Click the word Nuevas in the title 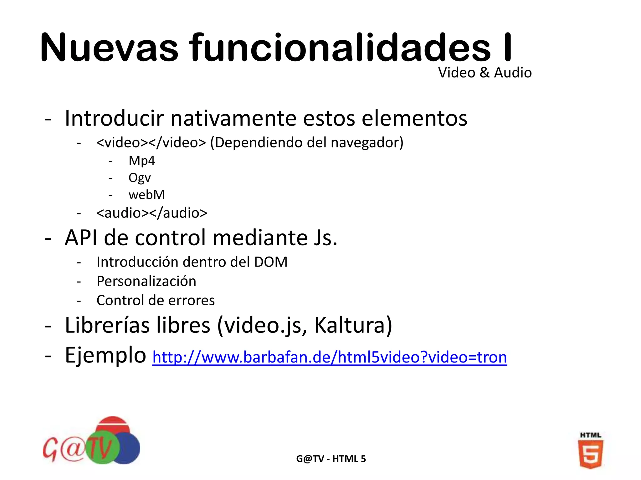[109, 48]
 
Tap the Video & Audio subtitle [485, 73]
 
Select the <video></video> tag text [151, 143]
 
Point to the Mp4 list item [141, 161]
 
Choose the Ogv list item [140, 178]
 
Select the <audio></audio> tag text [152, 213]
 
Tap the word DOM [270, 262]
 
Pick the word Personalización [146, 281]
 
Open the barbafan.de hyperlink [329, 357]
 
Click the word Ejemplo [105, 355]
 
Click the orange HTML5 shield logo [590, 453]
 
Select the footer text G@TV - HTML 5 [331, 459]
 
